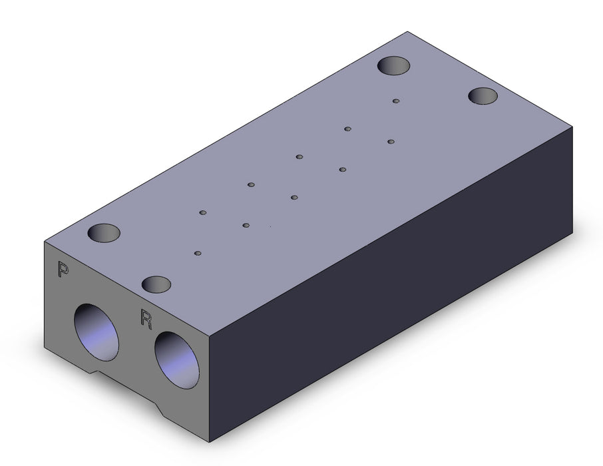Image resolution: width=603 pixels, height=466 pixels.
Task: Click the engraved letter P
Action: coord(63,269)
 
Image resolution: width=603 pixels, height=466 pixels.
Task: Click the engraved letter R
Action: coord(146,319)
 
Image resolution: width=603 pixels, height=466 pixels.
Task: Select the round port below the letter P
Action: coord(97,332)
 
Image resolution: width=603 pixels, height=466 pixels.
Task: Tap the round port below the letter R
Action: coord(177,359)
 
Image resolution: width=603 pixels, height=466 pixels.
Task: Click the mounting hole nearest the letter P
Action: coord(104,233)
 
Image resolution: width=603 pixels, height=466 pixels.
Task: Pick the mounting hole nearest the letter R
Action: coord(156,284)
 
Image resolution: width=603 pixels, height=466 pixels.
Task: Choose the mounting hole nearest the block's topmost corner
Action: coord(393,66)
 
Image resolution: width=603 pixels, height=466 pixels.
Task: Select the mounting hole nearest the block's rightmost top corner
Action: coord(483,96)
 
